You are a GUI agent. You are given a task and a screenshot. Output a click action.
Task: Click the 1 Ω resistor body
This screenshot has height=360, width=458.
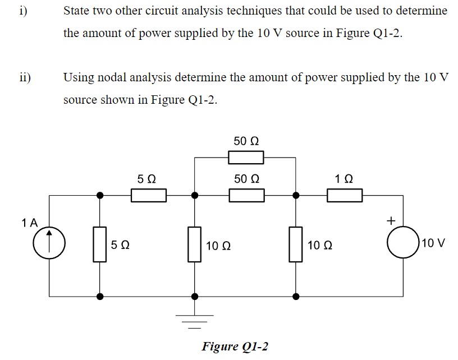(345, 195)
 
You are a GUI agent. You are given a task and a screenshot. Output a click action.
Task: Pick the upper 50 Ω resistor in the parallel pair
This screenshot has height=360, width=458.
(246, 158)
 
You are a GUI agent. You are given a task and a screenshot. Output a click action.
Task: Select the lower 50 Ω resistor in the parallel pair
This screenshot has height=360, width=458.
(246, 195)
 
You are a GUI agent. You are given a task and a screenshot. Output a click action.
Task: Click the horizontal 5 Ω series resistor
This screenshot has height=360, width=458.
(148, 195)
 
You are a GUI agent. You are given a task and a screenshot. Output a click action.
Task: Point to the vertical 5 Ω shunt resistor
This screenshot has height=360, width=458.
(100, 244)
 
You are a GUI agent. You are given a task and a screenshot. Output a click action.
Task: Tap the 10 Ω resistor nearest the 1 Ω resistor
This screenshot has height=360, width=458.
(295, 244)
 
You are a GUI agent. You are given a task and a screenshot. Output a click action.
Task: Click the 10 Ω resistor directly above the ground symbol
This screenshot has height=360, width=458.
(195, 244)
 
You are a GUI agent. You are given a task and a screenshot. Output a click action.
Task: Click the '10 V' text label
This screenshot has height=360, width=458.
(433, 244)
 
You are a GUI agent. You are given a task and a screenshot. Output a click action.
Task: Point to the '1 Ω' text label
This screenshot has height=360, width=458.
(344, 179)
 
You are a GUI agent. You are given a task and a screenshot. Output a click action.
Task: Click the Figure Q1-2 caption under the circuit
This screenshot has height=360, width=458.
(235, 346)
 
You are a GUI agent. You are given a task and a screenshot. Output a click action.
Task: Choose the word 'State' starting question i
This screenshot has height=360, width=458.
(77, 11)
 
